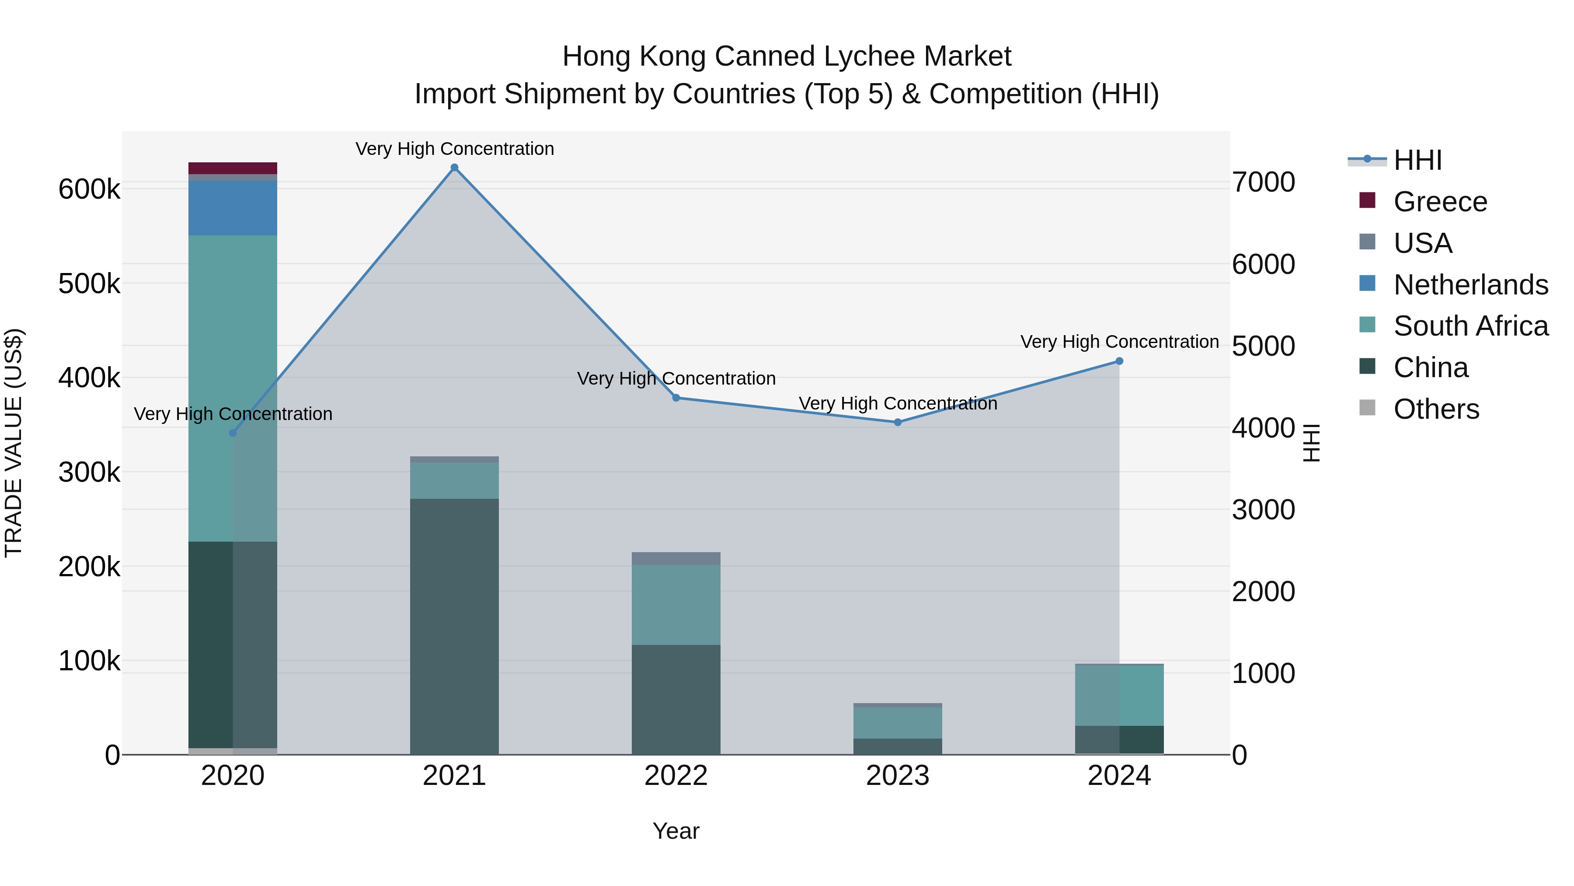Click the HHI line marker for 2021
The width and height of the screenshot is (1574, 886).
pyautogui.click(x=454, y=168)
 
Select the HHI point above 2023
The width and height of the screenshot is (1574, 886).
pyautogui.click(x=898, y=422)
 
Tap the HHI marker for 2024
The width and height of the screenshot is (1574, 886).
pyautogui.click(x=1119, y=361)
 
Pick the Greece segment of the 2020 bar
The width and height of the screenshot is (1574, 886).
pyautogui.click(x=233, y=168)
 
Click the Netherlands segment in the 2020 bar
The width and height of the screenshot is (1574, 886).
pyautogui.click(x=233, y=208)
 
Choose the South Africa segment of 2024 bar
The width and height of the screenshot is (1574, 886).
pyautogui.click(x=1119, y=695)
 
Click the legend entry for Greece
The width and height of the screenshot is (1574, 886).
pyautogui.click(x=1440, y=202)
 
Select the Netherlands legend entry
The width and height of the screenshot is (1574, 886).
pyautogui.click(x=1470, y=285)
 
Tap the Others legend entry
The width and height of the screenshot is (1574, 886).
pyautogui.click(x=1436, y=409)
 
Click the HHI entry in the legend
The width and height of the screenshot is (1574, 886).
pyautogui.click(x=1417, y=160)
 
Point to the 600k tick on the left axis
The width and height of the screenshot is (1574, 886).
pyautogui.click(x=89, y=189)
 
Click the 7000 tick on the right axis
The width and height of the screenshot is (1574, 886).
pyautogui.click(x=1263, y=182)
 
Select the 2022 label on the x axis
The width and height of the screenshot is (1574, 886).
pyautogui.click(x=676, y=776)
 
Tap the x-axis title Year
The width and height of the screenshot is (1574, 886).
pyautogui.click(x=676, y=831)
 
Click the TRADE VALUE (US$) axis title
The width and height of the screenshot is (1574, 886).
pyautogui.click(x=14, y=443)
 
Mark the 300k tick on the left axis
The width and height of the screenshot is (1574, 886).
pyautogui.click(x=89, y=473)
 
